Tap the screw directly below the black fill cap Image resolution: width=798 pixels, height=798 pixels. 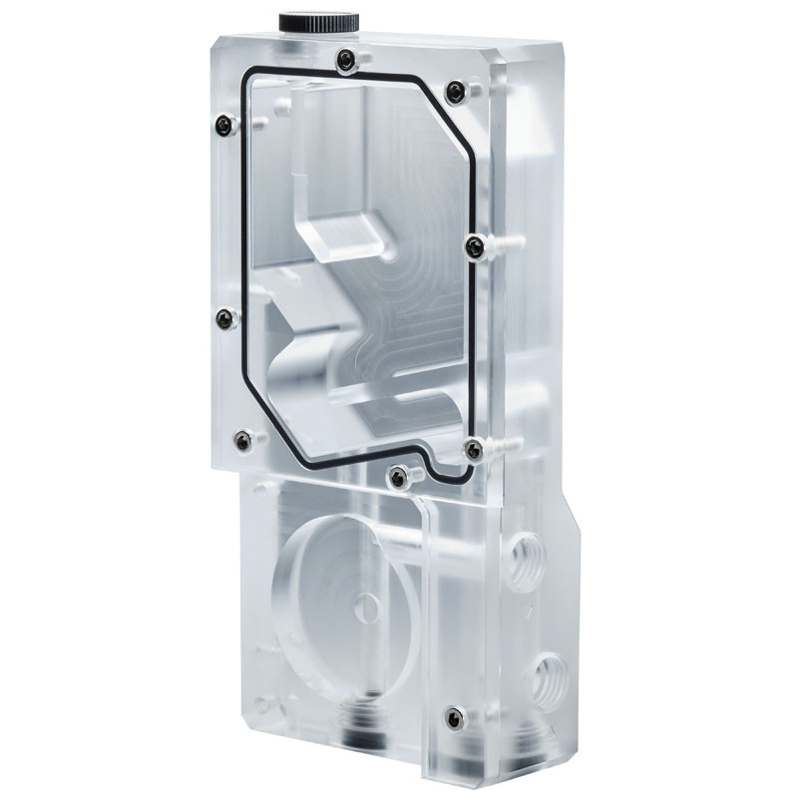coord(345,60)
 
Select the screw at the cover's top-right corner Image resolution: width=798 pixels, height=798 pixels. coord(455,93)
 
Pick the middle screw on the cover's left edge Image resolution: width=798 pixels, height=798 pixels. coord(225,318)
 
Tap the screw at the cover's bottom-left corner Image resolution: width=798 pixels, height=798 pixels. coord(241,439)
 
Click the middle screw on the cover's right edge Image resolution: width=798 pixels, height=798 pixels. coord(476,245)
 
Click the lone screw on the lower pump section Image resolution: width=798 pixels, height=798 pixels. coord(454,716)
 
